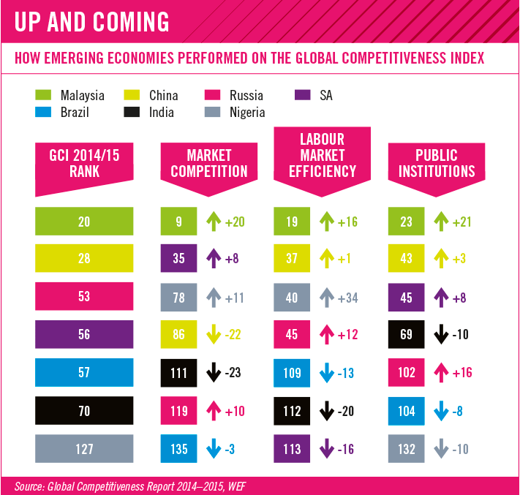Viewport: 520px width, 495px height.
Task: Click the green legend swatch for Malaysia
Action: [x=43, y=95]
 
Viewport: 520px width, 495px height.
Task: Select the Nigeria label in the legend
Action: [x=247, y=113]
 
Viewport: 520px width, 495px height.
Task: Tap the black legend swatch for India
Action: [x=132, y=112]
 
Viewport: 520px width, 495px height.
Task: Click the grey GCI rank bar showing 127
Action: [x=84, y=449]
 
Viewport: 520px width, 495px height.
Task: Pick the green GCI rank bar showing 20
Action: [x=84, y=221]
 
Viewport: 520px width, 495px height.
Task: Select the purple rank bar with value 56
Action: [x=84, y=334]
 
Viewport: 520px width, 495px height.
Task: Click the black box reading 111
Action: [x=178, y=373]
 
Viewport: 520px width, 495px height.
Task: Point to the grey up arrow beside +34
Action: [x=327, y=298]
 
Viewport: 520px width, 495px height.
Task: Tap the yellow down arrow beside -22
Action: [x=214, y=334]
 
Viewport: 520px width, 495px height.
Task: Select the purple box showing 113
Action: [x=292, y=449]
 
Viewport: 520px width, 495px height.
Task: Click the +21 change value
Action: [x=461, y=222]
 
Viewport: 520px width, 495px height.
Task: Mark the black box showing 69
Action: [x=406, y=334]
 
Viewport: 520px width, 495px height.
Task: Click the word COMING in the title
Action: [x=131, y=22]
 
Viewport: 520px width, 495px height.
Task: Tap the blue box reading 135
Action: [x=178, y=449]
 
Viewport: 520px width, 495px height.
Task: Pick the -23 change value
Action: [x=233, y=373]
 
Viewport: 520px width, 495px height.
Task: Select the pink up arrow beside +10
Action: [x=214, y=410]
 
